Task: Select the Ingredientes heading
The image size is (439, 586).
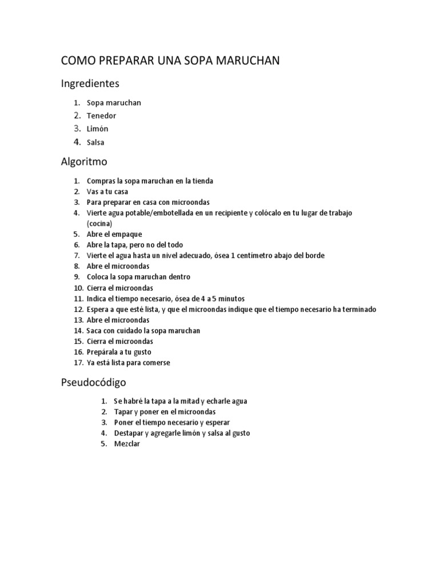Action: [x=90, y=84]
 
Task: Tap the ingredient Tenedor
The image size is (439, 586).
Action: [x=101, y=116]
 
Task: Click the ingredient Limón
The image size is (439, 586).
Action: [x=97, y=129]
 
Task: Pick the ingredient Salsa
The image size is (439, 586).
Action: [x=95, y=142]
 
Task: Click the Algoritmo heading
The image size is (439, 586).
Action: [x=84, y=162]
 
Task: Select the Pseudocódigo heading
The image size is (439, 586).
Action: [x=94, y=382]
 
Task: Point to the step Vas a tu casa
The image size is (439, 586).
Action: [x=107, y=192]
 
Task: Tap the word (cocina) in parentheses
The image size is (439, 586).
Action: [x=99, y=223]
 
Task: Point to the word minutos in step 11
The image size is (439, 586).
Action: [x=229, y=299]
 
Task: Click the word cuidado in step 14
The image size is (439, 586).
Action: [x=137, y=331]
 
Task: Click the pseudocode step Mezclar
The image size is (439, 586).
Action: [x=127, y=444]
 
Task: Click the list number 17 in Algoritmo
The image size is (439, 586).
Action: [x=78, y=363]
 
